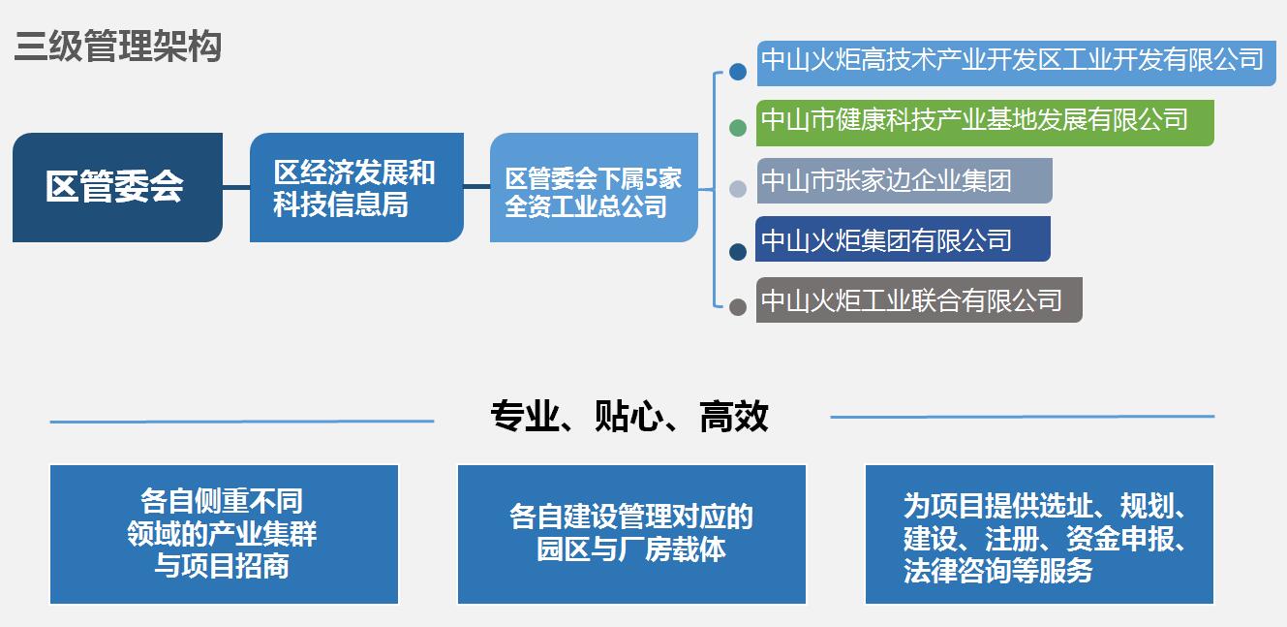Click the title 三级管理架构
[x=118, y=47]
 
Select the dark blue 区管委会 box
[x=117, y=187]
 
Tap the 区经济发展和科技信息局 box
[x=356, y=187]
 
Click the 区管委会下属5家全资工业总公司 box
[x=594, y=187]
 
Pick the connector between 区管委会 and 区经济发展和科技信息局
[x=236, y=187]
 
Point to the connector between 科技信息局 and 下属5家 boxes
[x=476, y=187]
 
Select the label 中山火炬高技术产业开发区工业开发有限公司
[x=1017, y=63]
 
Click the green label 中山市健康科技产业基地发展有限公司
[x=985, y=123]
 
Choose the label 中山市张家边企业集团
[x=904, y=180]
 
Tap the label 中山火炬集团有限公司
[x=903, y=239]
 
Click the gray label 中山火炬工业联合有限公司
[x=919, y=300]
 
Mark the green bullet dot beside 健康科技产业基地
[x=738, y=128]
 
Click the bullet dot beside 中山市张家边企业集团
[x=738, y=189]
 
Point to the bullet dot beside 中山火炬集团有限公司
[x=738, y=252]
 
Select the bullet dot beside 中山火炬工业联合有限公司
[x=738, y=307]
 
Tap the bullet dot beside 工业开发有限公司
[x=738, y=72]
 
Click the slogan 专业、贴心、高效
[x=629, y=417]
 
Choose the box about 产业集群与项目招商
[x=224, y=534]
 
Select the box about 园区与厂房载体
[x=631, y=534]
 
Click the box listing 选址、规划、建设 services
[x=1039, y=534]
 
